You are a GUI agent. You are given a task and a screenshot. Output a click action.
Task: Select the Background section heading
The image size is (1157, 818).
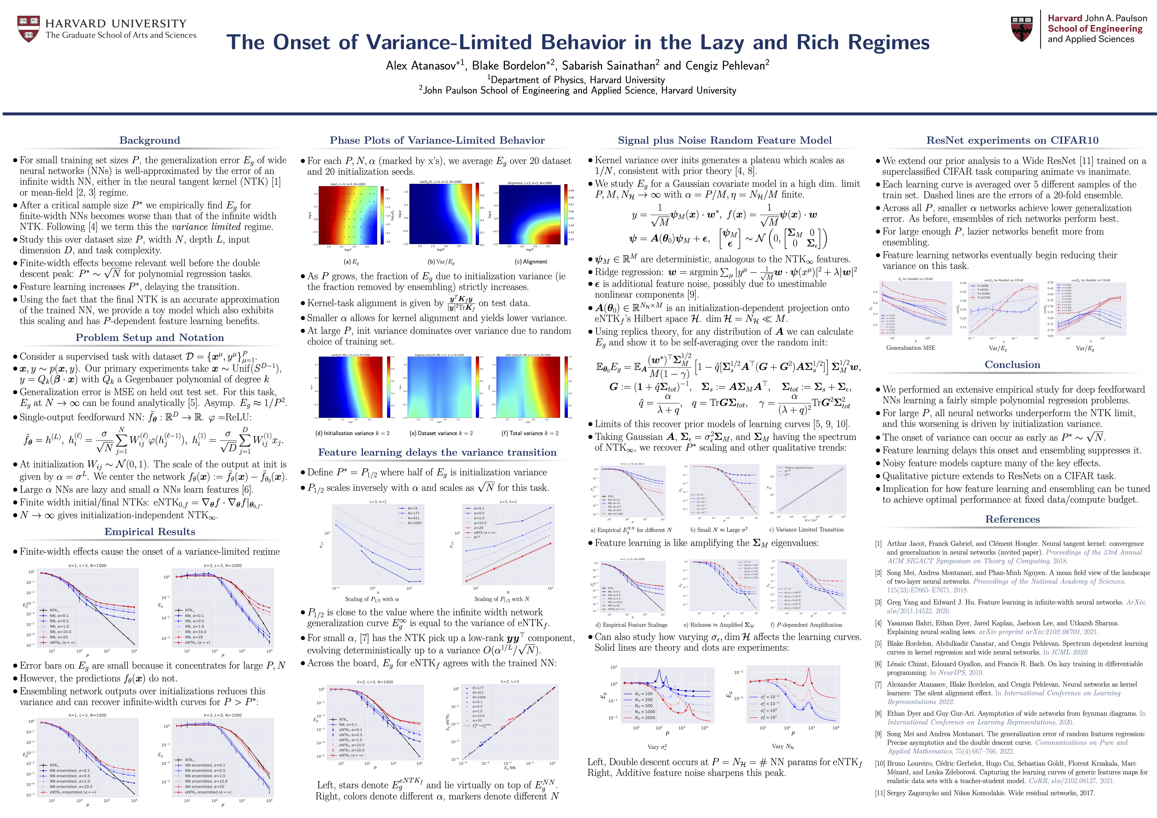pos(150,141)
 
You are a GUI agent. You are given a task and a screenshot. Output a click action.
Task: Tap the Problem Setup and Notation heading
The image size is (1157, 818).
pos(150,337)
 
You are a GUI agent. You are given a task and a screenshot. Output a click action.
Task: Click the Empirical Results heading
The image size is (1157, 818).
pos(150,532)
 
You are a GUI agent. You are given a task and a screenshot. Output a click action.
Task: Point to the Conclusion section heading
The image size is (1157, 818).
pos(1012,365)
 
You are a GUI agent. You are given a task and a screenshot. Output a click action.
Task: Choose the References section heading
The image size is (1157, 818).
pos(1012,519)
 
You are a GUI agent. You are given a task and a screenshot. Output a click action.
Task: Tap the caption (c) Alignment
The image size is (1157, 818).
pos(531,262)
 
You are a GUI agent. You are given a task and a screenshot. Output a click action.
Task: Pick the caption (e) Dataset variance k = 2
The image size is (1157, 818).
pos(441,433)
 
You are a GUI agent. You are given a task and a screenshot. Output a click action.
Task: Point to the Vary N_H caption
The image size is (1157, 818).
pos(783,746)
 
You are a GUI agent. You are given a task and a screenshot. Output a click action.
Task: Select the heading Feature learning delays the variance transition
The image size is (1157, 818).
pos(437,452)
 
